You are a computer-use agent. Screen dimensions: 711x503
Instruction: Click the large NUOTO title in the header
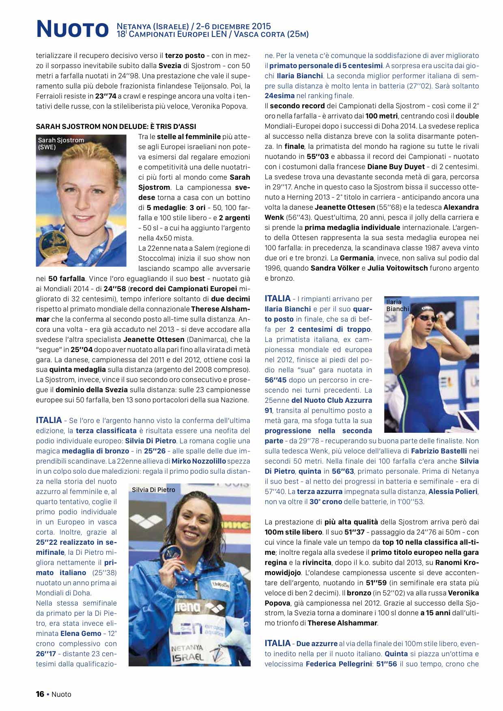point(72,29)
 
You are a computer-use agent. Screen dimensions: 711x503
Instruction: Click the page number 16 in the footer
point(40,694)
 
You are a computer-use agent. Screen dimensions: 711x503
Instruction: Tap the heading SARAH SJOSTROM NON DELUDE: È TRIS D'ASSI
point(116,127)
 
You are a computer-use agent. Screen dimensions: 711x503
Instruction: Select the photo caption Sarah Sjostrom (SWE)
point(61,144)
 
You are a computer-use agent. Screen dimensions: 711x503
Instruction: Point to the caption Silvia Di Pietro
point(154,490)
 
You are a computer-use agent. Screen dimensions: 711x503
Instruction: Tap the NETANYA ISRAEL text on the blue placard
point(187,653)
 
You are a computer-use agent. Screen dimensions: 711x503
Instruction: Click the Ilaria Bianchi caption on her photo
point(398,305)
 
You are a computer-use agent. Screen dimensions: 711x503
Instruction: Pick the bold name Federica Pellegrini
point(339,664)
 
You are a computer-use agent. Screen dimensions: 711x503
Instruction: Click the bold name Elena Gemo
point(81,634)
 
